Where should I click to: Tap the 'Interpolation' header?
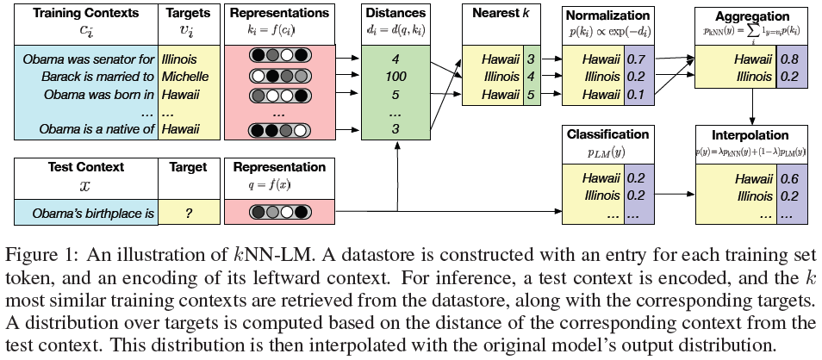point(750,135)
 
